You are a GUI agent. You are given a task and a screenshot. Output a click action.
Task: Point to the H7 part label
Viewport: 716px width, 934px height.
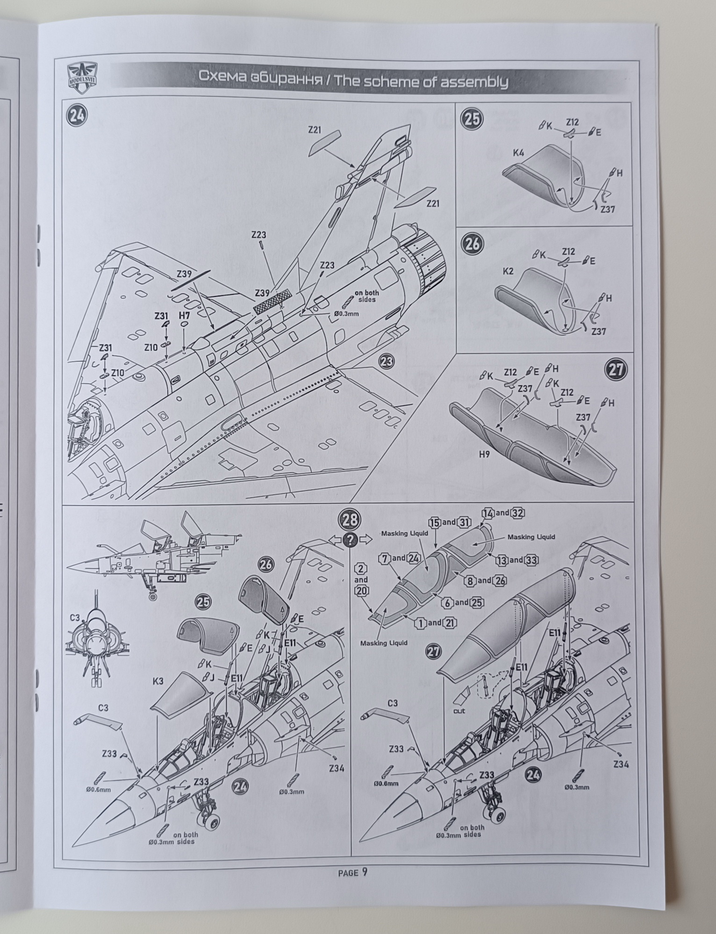[184, 316]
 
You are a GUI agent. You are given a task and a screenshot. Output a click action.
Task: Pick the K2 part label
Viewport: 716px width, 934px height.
[508, 271]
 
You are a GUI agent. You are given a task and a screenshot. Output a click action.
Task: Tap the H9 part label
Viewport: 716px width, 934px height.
[484, 453]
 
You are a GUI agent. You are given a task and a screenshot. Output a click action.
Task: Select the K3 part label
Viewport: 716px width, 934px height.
[158, 681]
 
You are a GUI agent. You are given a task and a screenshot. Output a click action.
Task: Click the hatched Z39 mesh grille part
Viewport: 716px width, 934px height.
[272, 302]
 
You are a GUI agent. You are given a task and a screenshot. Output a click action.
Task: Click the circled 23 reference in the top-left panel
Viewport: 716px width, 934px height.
[386, 361]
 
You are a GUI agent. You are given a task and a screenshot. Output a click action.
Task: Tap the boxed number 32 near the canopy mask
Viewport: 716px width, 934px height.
[518, 513]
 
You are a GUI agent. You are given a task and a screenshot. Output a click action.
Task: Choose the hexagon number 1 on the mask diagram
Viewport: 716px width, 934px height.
[421, 623]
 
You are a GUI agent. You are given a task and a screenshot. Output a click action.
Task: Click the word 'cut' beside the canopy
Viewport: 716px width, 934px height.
[459, 711]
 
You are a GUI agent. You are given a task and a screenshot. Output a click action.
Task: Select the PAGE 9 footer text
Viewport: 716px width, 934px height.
[352, 873]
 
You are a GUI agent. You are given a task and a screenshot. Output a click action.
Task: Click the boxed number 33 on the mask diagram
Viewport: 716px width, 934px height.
[530, 560]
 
